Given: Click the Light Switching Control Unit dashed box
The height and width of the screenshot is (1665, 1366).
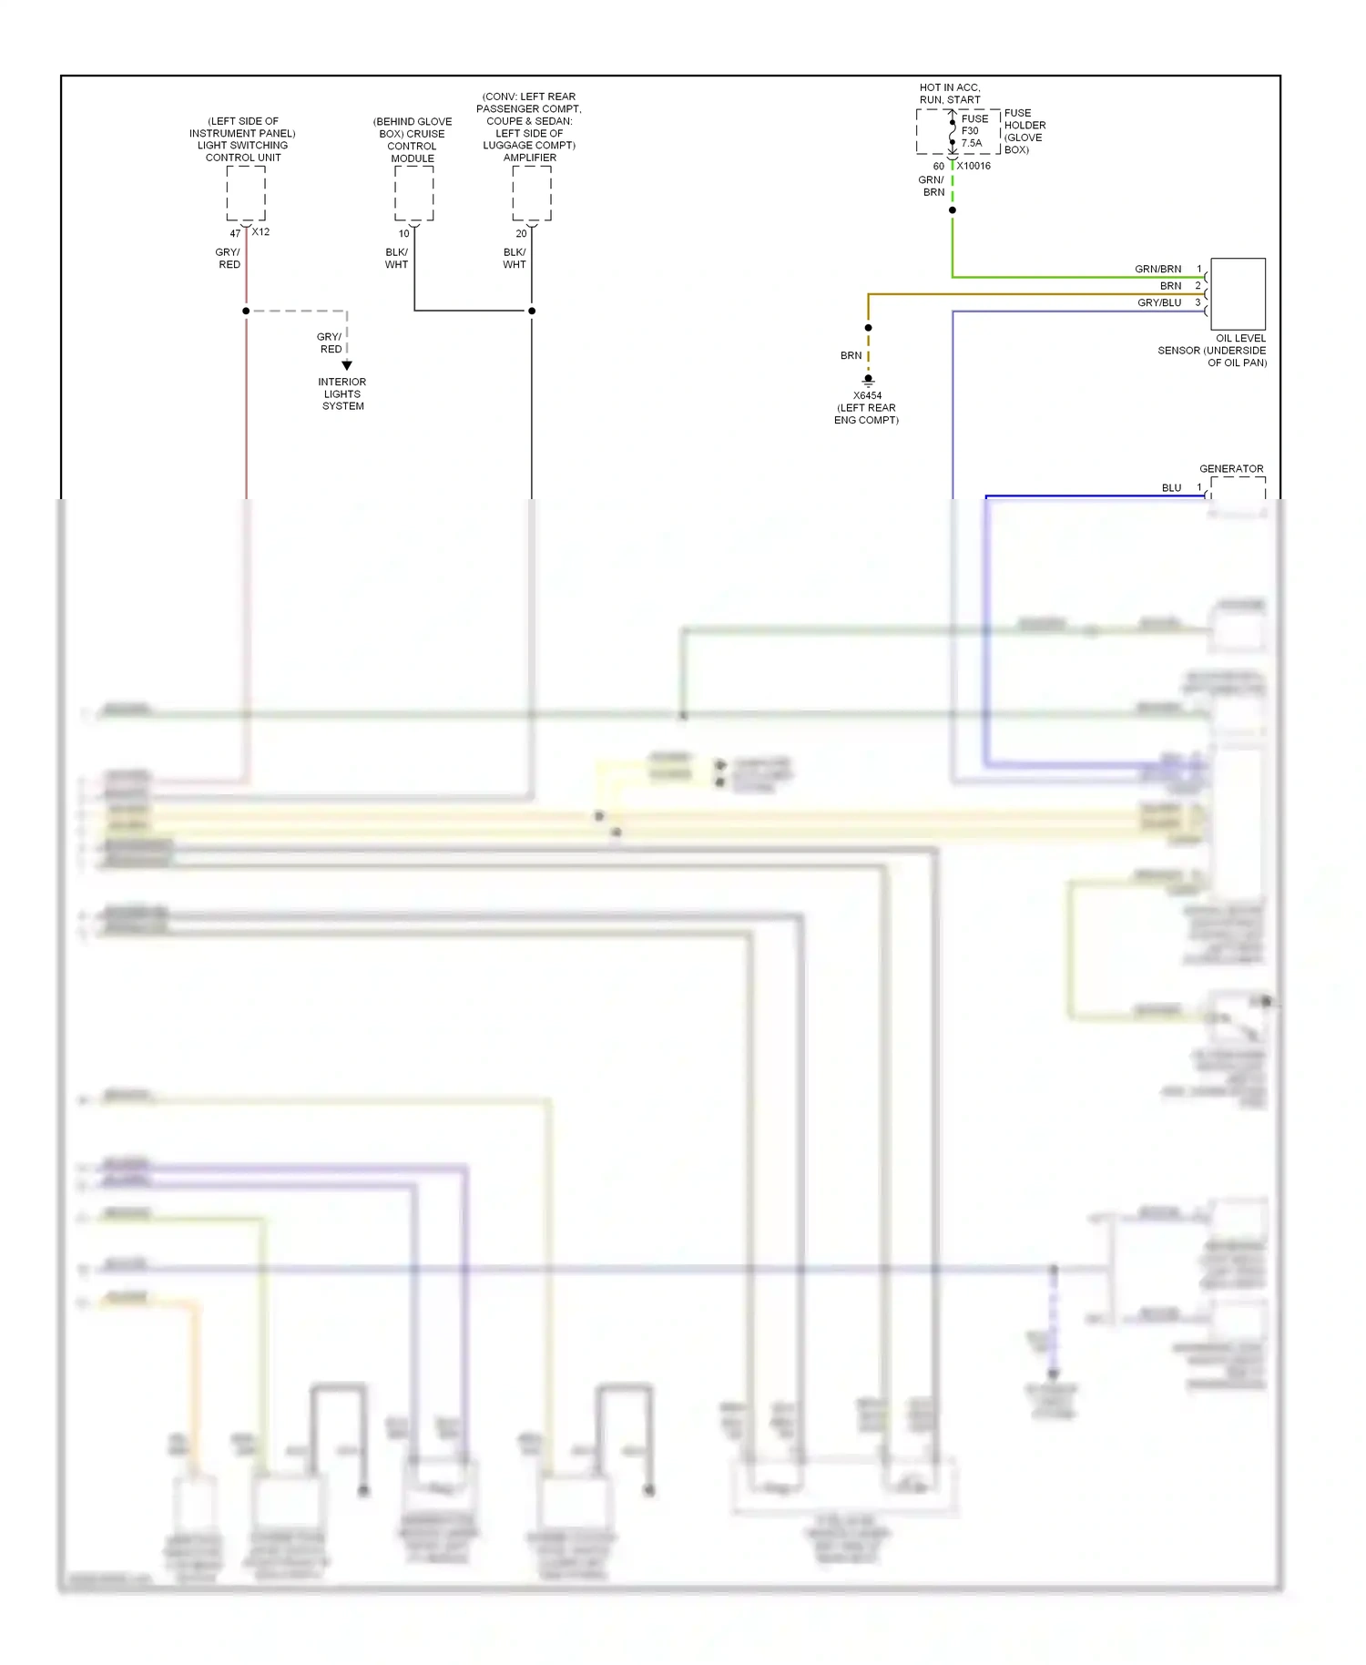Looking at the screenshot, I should pyautogui.click(x=246, y=193).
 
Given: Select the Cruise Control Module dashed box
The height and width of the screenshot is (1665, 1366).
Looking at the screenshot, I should pyautogui.click(x=413, y=193).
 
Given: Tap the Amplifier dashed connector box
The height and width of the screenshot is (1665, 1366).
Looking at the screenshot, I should pyautogui.click(x=531, y=193).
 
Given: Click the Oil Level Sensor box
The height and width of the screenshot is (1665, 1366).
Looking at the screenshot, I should pyautogui.click(x=1238, y=293).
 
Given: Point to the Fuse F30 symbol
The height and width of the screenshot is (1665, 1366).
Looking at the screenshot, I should pyautogui.click(x=953, y=131).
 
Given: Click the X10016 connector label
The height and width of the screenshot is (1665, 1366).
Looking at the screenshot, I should pyautogui.click(x=974, y=166).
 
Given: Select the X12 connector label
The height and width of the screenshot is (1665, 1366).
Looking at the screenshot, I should pyautogui.click(x=260, y=232).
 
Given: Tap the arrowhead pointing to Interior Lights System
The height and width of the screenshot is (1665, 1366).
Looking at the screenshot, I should pyautogui.click(x=347, y=365).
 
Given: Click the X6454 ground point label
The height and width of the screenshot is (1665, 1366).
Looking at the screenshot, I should pyautogui.click(x=867, y=395).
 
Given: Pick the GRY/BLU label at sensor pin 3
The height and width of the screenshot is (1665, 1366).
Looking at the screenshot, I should pyautogui.click(x=1158, y=302).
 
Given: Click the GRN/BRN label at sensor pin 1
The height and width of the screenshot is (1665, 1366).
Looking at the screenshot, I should pyautogui.click(x=1157, y=269).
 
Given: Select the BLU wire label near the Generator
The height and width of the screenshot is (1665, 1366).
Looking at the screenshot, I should pyautogui.click(x=1171, y=488).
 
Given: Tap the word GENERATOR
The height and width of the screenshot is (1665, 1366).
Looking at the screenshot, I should pyautogui.click(x=1231, y=468).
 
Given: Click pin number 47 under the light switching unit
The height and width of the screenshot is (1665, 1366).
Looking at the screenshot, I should pyautogui.click(x=235, y=233).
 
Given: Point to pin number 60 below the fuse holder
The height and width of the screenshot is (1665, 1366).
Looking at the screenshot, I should pyautogui.click(x=938, y=167).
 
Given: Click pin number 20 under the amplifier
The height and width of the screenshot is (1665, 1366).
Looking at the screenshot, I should pyautogui.click(x=521, y=233).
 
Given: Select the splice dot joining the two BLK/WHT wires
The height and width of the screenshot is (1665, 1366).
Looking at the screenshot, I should pyautogui.click(x=532, y=311).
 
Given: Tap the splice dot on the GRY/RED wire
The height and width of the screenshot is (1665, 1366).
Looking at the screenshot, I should pyautogui.click(x=246, y=311).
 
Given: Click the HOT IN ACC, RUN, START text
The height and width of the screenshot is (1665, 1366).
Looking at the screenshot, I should pyautogui.click(x=950, y=94).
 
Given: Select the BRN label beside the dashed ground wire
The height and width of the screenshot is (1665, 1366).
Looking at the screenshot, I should pyautogui.click(x=851, y=355).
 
